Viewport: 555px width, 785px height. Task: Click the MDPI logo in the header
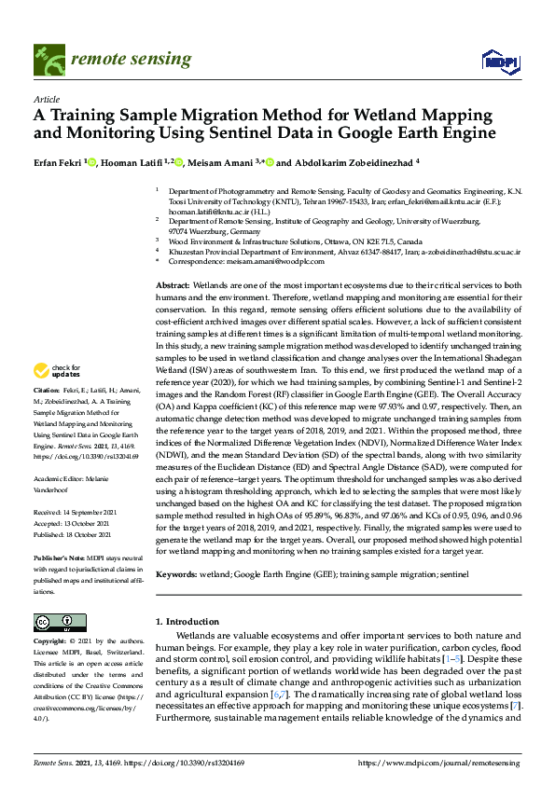[499, 62]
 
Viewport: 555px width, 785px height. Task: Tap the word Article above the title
[46, 98]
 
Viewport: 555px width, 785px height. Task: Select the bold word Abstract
[172, 284]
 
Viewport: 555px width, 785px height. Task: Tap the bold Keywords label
[176, 576]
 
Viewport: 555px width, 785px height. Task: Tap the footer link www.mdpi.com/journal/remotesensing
[454, 763]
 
